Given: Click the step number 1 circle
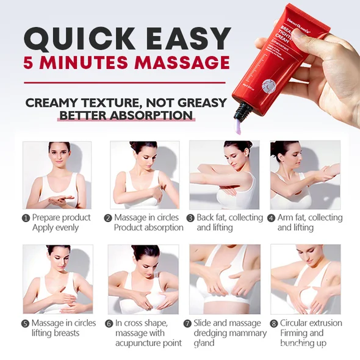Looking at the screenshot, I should coord(26,218).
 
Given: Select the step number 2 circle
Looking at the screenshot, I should coord(108,218).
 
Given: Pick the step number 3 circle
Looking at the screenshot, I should coord(190,218).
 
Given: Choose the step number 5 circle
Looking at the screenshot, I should coord(26,323).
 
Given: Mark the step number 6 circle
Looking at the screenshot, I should coord(109,323).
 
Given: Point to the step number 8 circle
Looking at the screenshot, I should coord(274,323).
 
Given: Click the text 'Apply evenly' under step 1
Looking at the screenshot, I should coord(56,228).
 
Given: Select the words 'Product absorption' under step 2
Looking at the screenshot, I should coord(148,228).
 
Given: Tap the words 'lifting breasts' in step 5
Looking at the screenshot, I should coord(56,333).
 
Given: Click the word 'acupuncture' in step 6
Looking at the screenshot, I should coord(139,344).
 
